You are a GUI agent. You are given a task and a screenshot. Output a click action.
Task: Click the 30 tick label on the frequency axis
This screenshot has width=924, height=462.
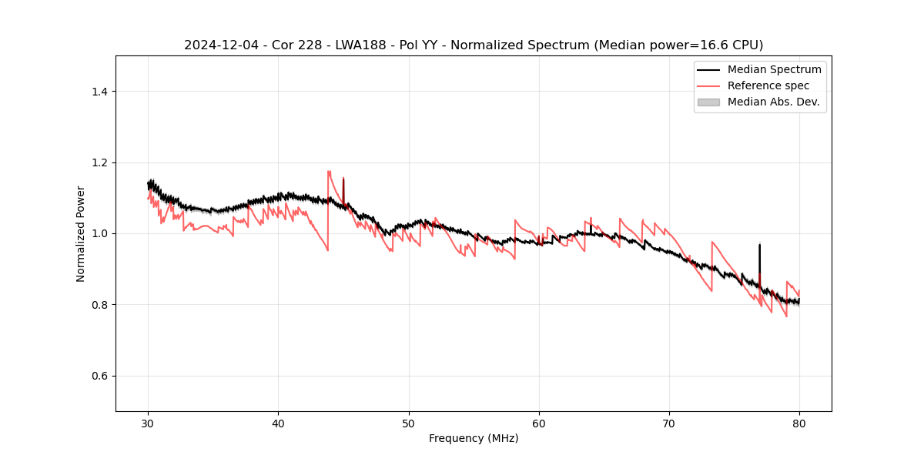click(x=148, y=423)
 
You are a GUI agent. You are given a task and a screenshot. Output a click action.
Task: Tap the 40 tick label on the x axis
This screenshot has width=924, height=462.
click(x=278, y=423)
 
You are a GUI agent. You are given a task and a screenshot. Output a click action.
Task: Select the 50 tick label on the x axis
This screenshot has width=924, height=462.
click(x=409, y=423)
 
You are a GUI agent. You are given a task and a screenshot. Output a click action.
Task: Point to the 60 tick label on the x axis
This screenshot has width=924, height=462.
click(x=539, y=423)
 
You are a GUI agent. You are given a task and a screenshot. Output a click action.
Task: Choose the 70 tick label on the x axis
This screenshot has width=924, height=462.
click(x=669, y=423)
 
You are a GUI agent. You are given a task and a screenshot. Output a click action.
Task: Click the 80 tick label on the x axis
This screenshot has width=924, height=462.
click(x=799, y=423)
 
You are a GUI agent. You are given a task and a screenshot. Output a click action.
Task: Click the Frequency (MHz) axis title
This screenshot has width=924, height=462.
click(x=474, y=439)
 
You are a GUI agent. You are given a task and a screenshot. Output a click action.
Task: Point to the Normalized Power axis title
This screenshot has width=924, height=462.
click(x=81, y=233)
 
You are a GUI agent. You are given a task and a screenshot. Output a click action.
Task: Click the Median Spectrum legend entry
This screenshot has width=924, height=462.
click(x=774, y=69)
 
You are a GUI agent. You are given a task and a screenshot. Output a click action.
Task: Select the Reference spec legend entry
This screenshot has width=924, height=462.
click(x=768, y=85)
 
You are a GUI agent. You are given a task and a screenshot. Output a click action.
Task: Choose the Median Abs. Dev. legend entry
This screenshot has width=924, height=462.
click(x=773, y=102)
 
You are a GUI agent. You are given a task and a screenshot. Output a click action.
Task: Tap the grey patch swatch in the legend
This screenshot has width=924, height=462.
click(x=708, y=102)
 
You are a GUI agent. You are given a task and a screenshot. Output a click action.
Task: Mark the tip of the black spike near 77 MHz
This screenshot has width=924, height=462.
click(x=759, y=244)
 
